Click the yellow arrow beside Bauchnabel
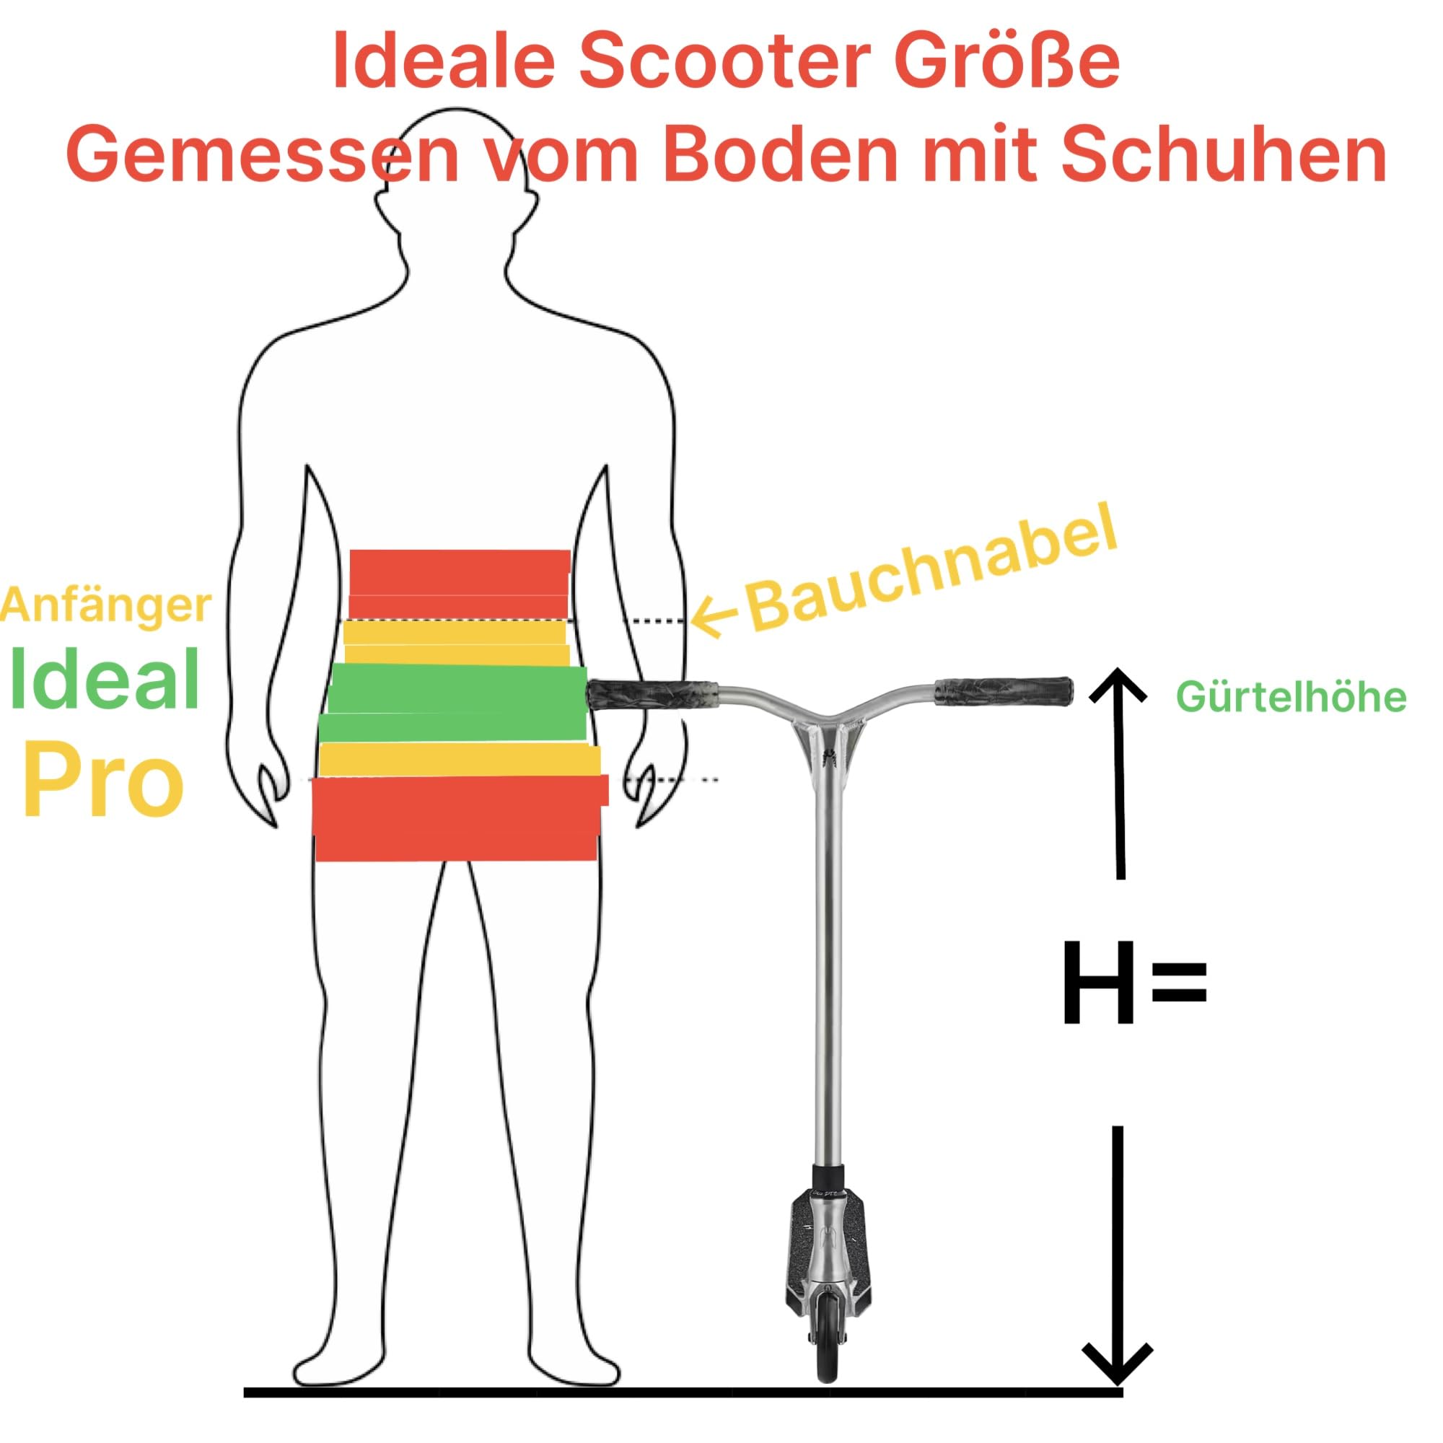click(715, 619)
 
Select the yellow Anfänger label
click(105, 606)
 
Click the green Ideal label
click(105, 679)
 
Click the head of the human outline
click(457, 183)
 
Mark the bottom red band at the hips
click(460, 818)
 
